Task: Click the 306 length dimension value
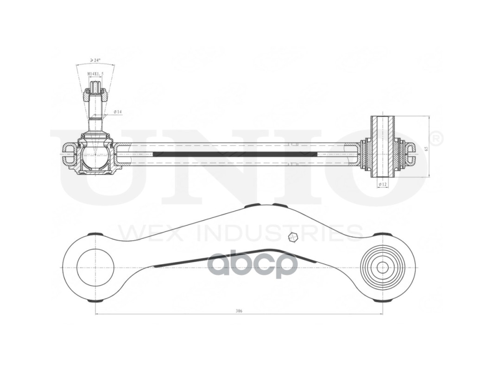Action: tap(239, 311)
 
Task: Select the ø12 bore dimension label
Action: tap(383, 184)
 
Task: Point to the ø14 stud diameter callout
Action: tap(117, 112)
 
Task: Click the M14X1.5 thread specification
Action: tap(95, 74)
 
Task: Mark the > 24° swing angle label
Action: tap(95, 60)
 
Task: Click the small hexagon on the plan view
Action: tap(292, 237)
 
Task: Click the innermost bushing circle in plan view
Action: tap(382, 267)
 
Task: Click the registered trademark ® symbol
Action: tap(437, 138)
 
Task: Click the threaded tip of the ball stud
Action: tap(95, 86)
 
